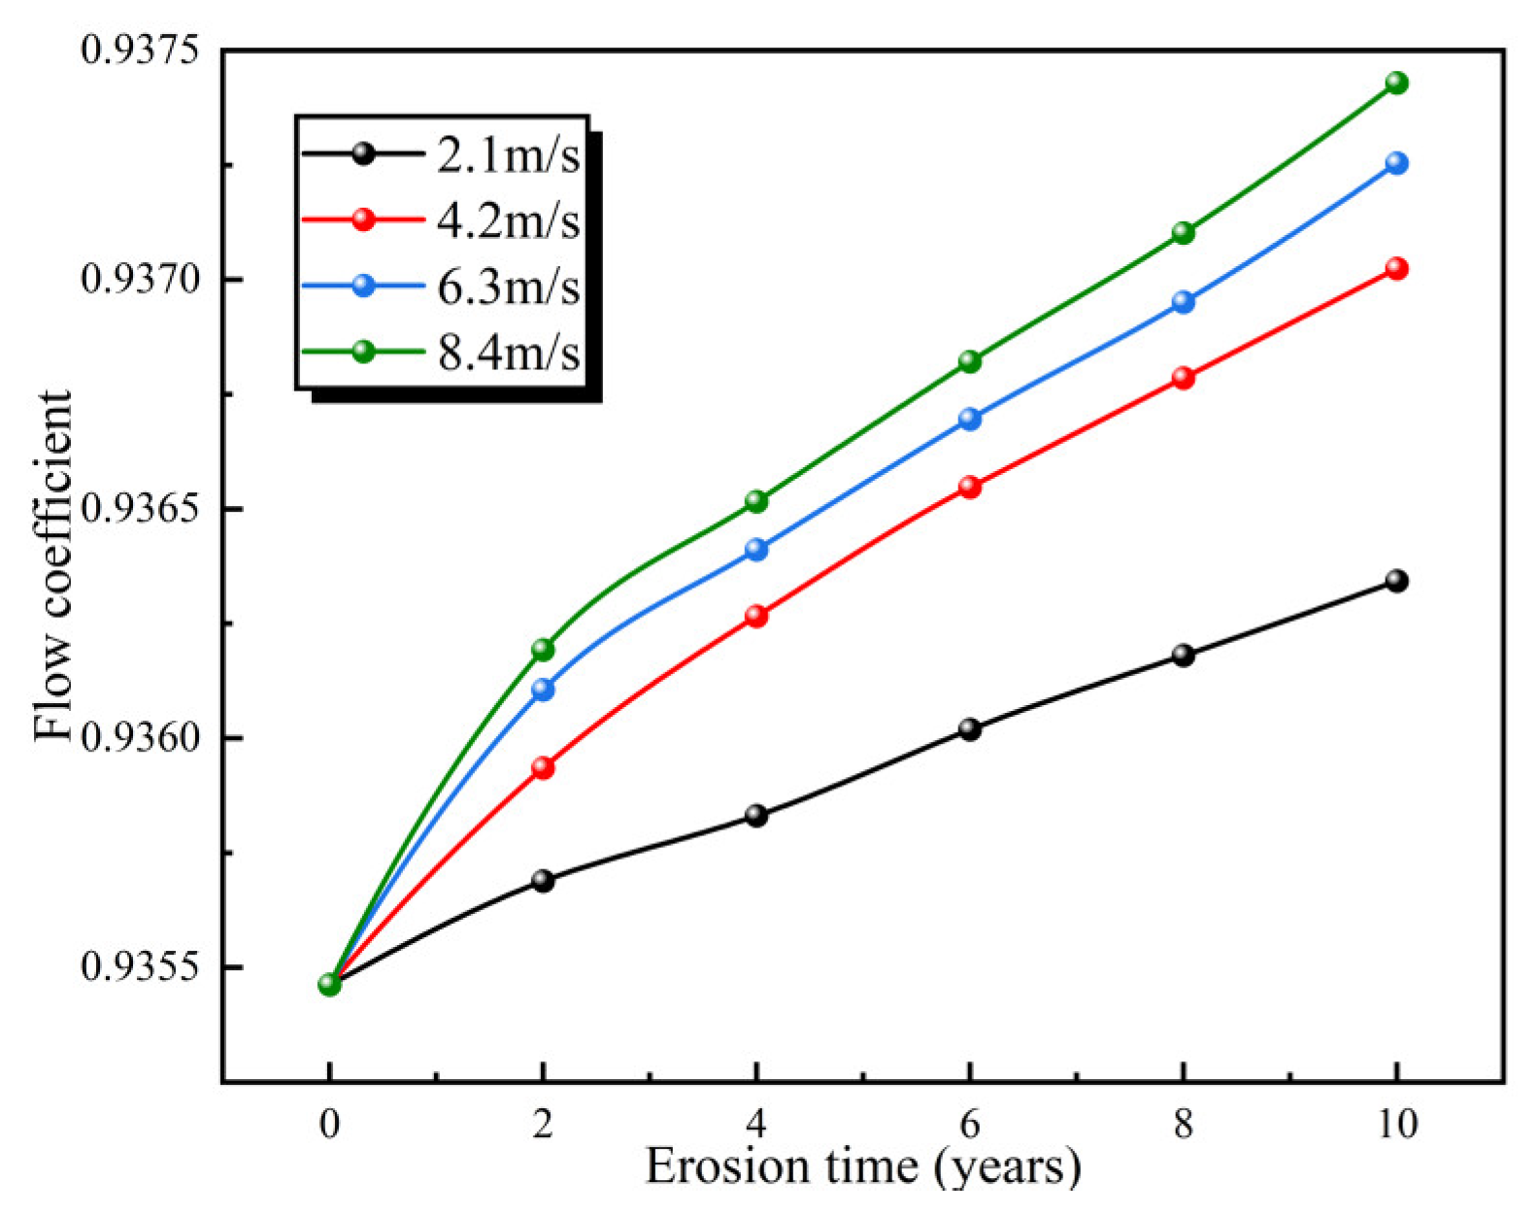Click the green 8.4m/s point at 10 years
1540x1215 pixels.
pos(1396,83)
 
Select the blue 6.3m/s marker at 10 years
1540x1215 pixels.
pos(1396,163)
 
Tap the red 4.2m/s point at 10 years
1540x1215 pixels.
pos(1396,269)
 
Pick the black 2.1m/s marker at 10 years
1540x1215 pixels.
pos(1396,581)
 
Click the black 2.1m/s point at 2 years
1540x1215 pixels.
pos(543,881)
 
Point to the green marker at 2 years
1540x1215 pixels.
pos(543,650)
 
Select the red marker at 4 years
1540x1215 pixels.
pos(756,616)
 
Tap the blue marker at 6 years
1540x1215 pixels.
pos(970,420)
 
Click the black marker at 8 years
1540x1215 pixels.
pos(1183,656)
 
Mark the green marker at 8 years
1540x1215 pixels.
pos(1183,233)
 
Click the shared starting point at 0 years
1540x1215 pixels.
pos(329,985)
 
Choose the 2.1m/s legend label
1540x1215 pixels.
pos(508,155)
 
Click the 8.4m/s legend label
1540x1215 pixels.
pos(508,353)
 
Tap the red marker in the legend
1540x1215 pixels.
pos(363,219)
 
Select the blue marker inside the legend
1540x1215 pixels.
pos(363,286)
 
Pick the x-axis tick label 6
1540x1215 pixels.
pos(969,1125)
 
